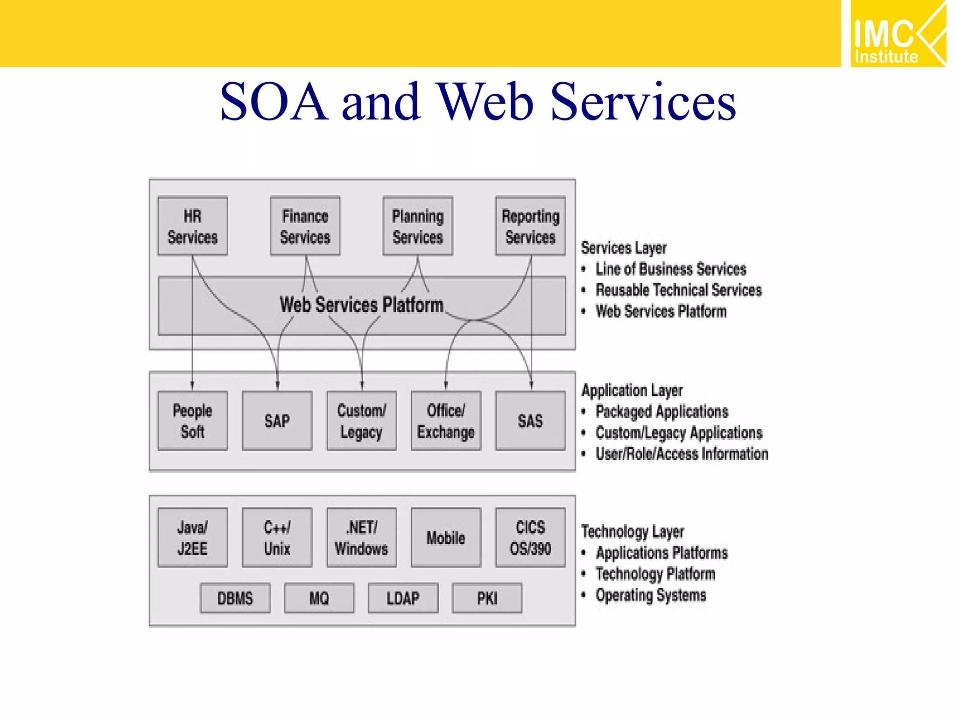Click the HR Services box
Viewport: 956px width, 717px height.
193,226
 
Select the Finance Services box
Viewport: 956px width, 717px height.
305,226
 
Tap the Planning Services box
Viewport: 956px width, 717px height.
418,226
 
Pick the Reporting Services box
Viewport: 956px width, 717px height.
531,226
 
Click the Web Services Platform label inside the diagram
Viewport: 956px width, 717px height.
361,305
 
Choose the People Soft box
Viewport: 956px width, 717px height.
193,421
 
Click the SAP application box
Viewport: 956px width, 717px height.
277,421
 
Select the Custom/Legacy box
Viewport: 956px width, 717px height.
362,421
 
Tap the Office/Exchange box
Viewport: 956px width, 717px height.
446,421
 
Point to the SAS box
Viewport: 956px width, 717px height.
531,421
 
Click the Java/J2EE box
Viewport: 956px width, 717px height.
193,538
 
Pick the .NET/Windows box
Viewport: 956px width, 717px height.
362,538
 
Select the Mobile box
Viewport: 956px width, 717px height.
446,538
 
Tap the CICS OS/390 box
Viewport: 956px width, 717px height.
531,538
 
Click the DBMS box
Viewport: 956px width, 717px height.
235,598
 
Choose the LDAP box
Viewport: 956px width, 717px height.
403,598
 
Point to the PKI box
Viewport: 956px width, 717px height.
487,598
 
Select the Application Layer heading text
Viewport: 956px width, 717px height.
632,390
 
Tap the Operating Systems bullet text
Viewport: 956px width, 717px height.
651,595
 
